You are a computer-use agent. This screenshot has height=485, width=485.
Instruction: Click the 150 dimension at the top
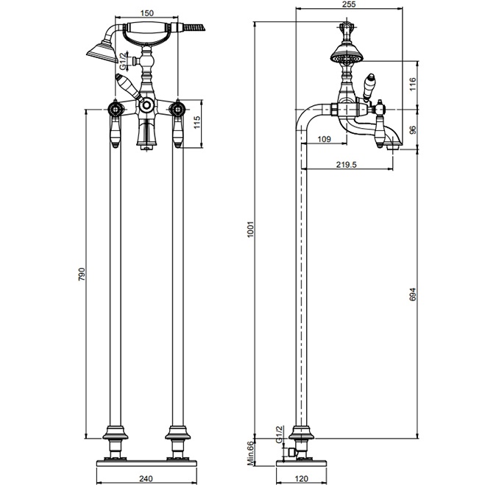click(147, 13)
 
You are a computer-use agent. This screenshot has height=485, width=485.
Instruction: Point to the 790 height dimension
click(82, 274)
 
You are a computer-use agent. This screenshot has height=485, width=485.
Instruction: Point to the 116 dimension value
click(413, 84)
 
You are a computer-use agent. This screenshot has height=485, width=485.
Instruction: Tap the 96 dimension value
click(413, 130)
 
